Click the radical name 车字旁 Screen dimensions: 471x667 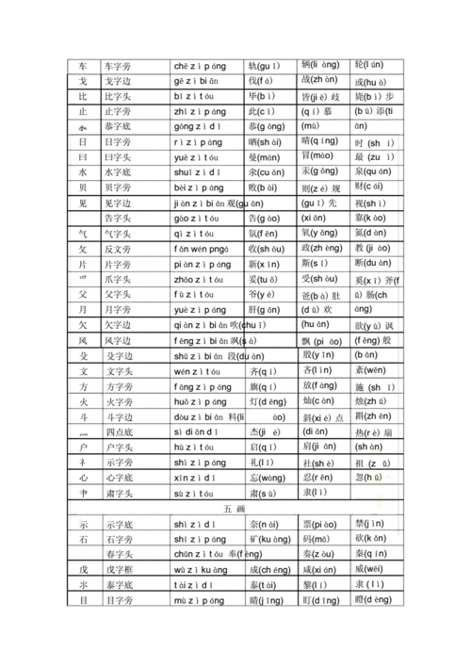120,66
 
